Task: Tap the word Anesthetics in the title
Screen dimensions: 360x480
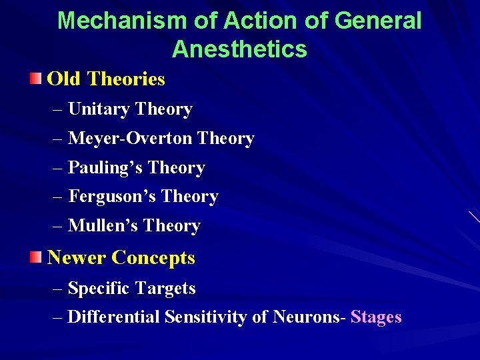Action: (239, 49)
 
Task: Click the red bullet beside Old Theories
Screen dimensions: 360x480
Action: (35, 79)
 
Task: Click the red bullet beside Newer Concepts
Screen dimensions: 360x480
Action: (35, 257)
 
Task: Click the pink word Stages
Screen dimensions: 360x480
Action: (376, 317)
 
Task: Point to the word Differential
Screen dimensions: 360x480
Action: (114, 317)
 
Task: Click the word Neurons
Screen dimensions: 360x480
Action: (306, 317)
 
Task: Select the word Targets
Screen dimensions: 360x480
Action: (165, 289)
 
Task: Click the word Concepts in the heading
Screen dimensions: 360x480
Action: (153, 257)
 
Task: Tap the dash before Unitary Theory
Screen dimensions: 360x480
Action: (57, 110)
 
